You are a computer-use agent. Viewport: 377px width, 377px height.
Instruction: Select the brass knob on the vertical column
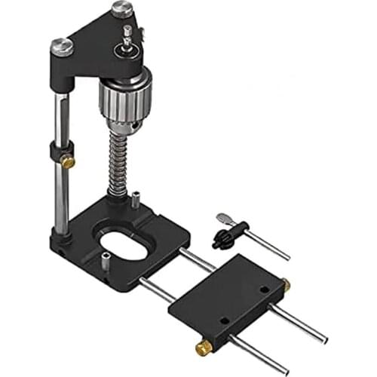tap(68, 161)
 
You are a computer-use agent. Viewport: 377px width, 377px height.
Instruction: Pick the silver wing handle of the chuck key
tap(222, 219)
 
